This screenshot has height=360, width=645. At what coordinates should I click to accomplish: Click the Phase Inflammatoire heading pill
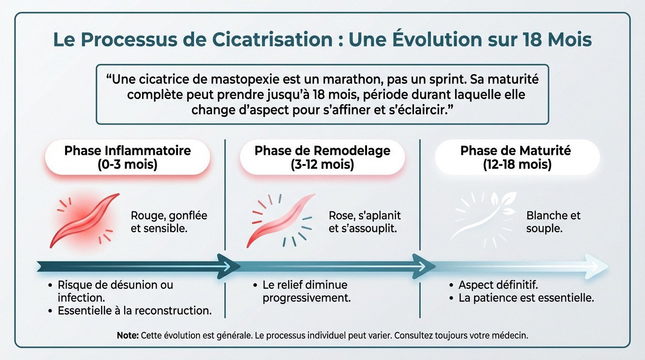pos(127,157)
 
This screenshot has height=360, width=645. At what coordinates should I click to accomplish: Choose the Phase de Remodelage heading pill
pos(322,157)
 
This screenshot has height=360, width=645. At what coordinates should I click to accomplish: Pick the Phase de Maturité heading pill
pos(517,157)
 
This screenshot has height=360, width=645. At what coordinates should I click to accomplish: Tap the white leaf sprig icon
pos(483,218)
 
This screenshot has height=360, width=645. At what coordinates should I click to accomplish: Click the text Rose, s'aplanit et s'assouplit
pos(365,222)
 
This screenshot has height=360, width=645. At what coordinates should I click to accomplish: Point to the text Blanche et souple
pos(553,222)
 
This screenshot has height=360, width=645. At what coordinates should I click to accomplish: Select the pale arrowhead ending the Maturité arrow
pos(600,266)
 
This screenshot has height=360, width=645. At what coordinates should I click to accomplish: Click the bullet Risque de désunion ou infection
pos(115,291)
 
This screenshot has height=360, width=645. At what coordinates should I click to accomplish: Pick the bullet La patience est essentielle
pos(526,298)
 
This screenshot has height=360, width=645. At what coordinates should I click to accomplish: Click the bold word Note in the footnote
pos(127,336)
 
